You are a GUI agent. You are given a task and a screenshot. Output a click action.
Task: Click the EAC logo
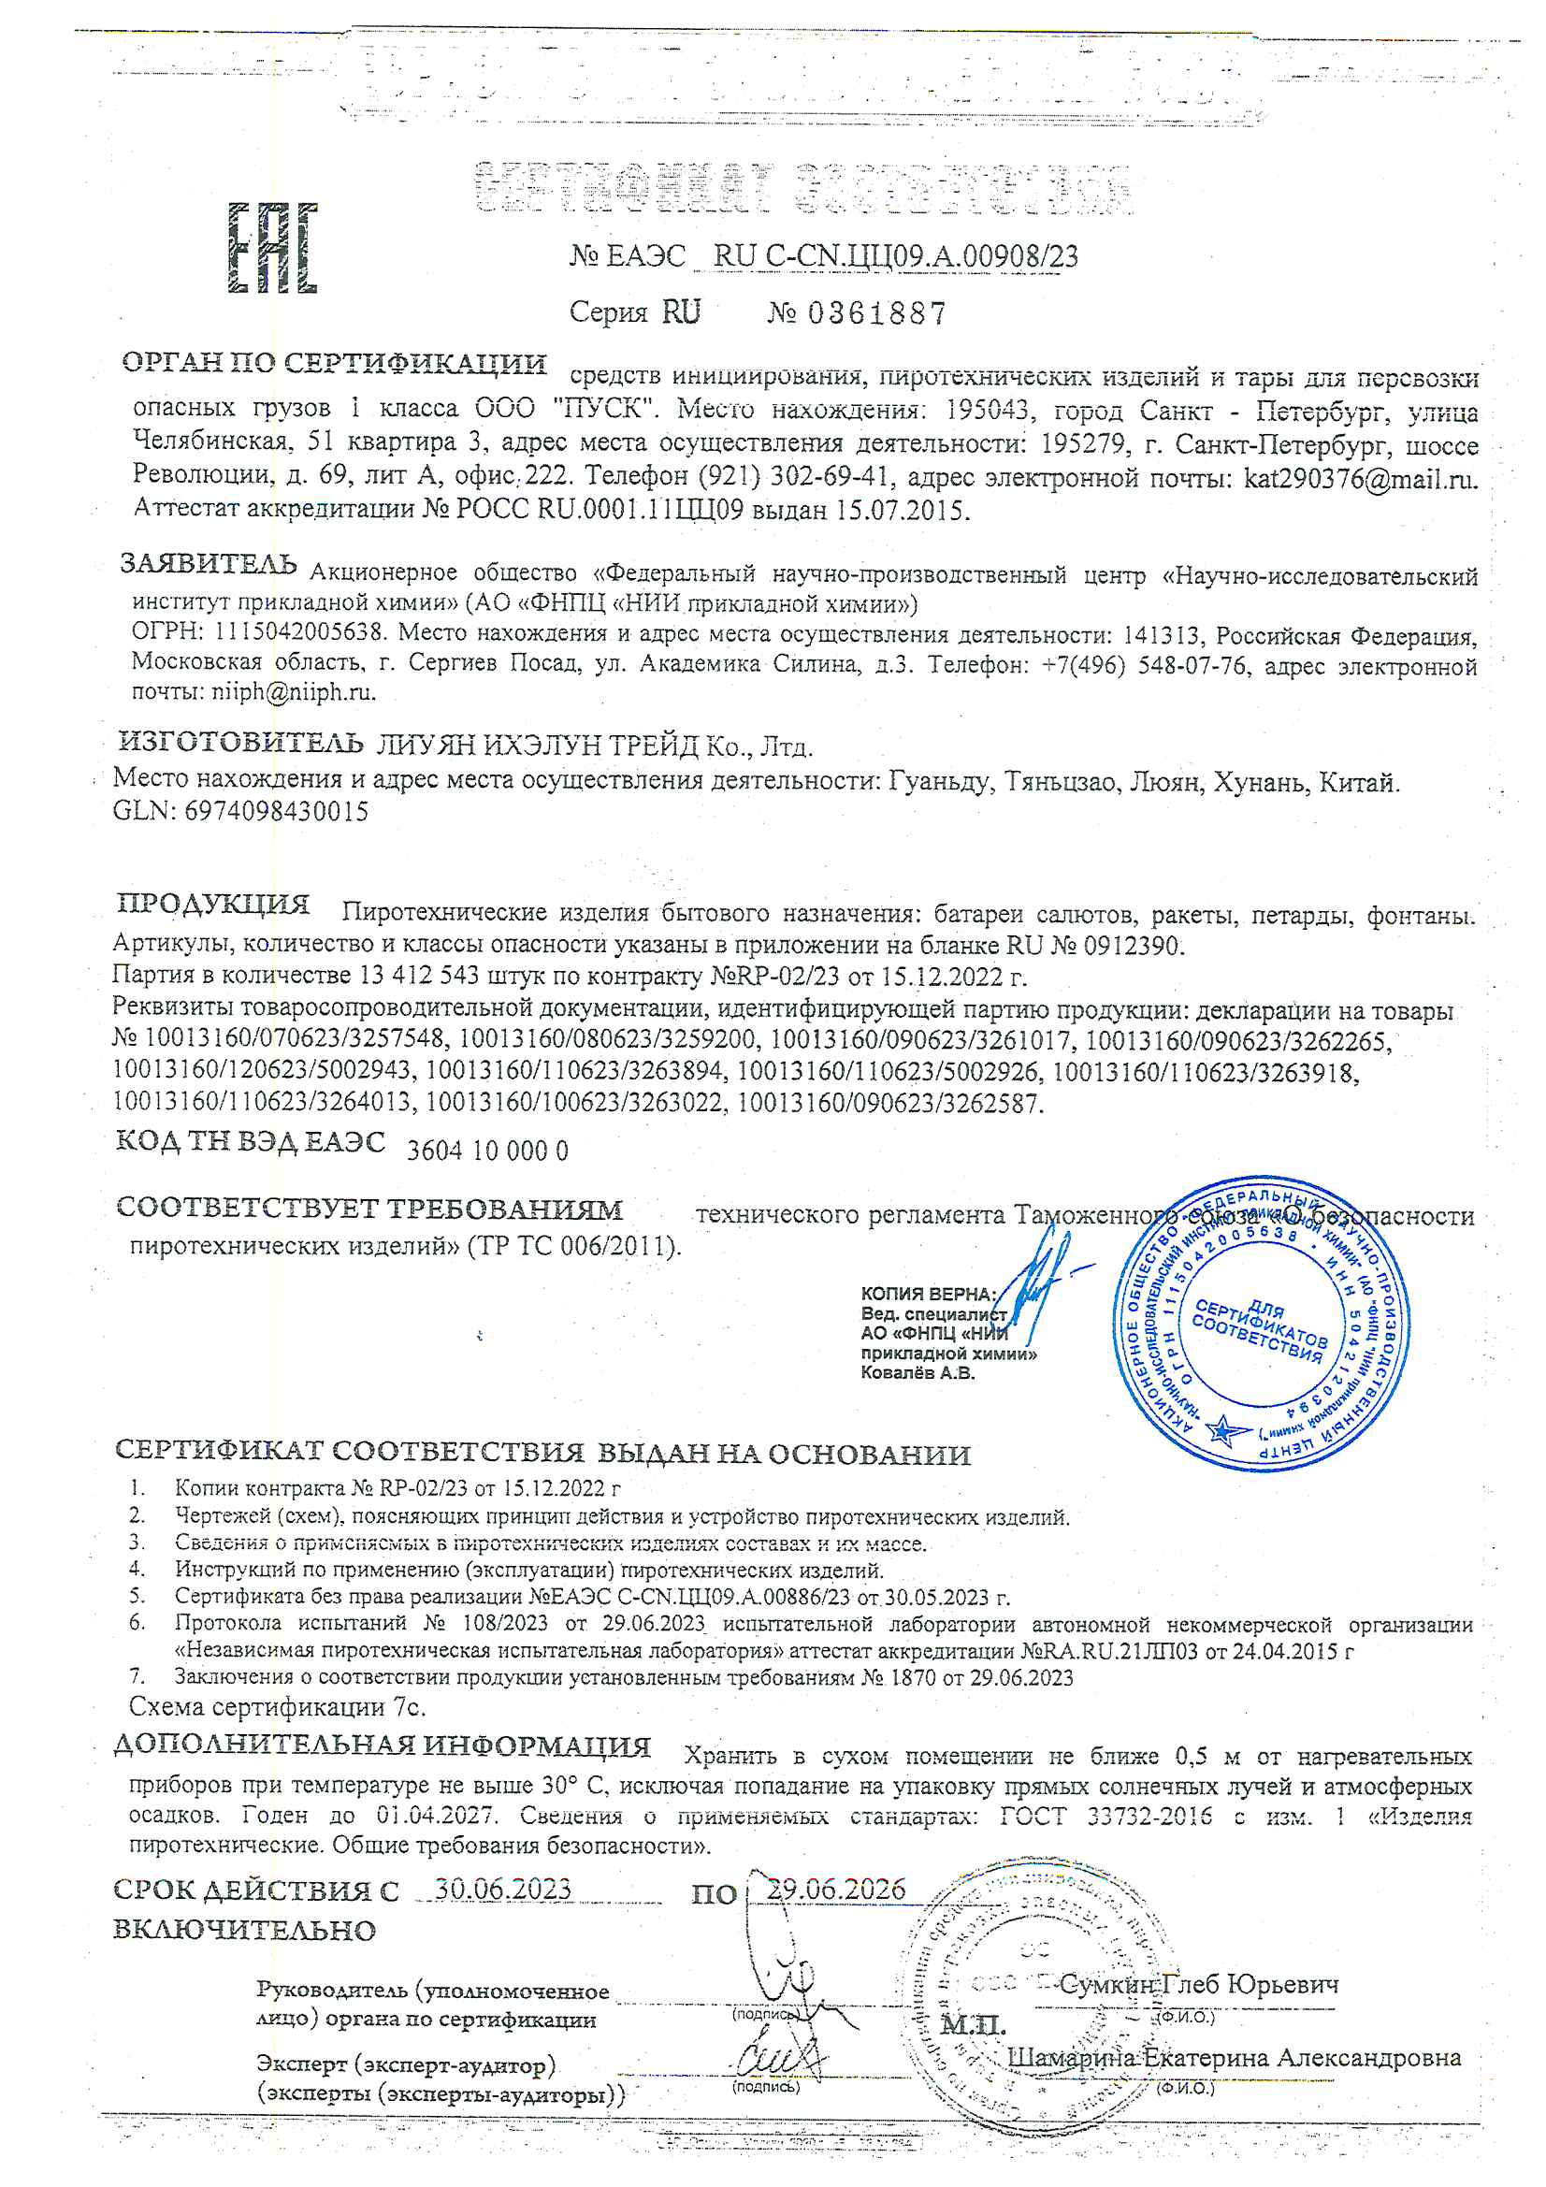click(272, 248)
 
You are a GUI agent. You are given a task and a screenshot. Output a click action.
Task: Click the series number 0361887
click(876, 313)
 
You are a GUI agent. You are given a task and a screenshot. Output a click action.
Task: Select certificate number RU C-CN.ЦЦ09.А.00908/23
click(895, 256)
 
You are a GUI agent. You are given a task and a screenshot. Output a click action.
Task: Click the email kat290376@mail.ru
click(1360, 478)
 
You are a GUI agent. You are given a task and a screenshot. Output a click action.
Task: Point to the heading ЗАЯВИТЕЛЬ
click(208, 564)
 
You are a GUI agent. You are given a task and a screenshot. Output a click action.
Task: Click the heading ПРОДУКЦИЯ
click(213, 903)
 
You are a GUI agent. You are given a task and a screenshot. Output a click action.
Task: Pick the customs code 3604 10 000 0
click(486, 1151)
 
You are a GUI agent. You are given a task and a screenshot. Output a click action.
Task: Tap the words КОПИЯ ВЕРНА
click(927, 1294)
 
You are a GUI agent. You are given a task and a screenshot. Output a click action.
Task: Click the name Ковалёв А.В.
click(917, 1372)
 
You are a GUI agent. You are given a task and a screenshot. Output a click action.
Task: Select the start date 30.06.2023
click(502, 1889)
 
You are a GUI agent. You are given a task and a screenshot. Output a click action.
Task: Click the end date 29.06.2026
click(835, 1889)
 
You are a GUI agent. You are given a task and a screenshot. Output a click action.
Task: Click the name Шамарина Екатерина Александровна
click(1234, 2058)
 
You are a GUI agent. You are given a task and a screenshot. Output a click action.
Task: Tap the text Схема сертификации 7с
click(277, 1706)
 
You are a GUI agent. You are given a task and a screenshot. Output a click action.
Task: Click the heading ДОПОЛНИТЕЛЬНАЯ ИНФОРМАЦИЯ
click(382, 1746)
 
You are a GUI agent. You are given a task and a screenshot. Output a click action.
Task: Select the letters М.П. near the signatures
click(973, 2024)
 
